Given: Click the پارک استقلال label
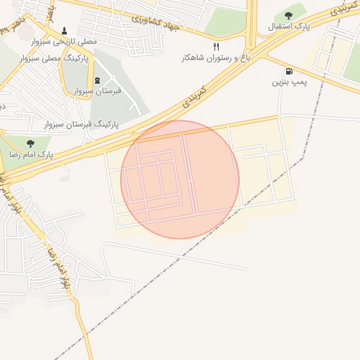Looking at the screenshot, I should [289, 27].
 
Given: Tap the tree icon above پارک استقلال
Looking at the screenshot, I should [288, 15].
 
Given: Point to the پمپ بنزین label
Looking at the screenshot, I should [289, 82].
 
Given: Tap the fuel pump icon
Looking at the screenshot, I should [289, 71].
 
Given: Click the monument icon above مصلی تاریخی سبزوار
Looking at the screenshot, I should [65, 31].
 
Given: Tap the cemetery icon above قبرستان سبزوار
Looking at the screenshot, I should [97, 79].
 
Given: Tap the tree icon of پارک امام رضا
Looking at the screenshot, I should [29, 143].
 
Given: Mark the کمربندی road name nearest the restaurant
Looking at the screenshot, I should [194, 96].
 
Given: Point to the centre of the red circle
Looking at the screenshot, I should [180, 180].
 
